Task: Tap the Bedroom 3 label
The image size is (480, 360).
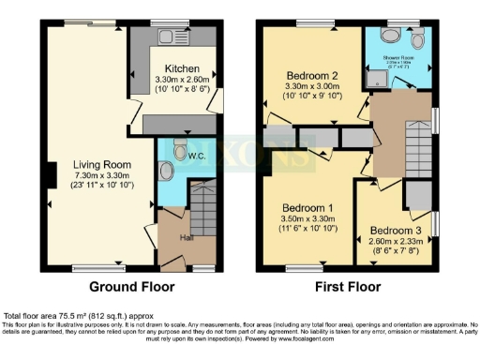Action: [x=395, y=230]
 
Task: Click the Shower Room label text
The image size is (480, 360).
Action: [x=398, y=58]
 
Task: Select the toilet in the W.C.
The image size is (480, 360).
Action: [x=166, y=172]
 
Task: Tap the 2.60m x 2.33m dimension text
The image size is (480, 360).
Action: [x=395, y=241]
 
